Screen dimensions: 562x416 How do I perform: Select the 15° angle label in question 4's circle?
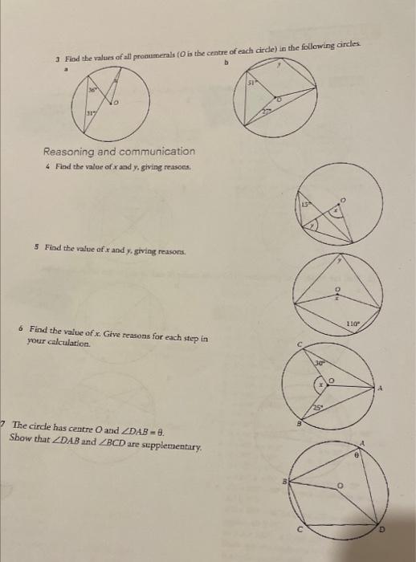(x=305, y=207)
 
